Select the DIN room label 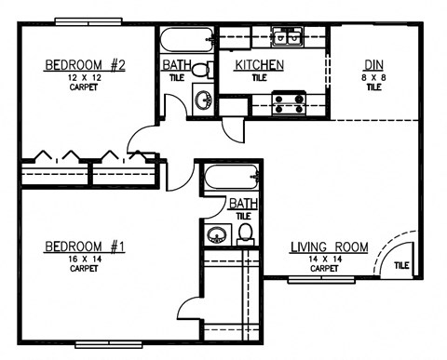pyautogui.click(x=372, y=64)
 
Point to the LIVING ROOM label pyautogui.click(x=329, y=247)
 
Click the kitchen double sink pyautogui.click(x=287, y=38)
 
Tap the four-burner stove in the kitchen pyautogui.click(x=287, y=100)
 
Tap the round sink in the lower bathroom pyautogui.click(x=215, y=234)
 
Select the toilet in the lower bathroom pyautogui.click(x=246, y=232)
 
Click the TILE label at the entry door pyautogui.click(x=400, y=265)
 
